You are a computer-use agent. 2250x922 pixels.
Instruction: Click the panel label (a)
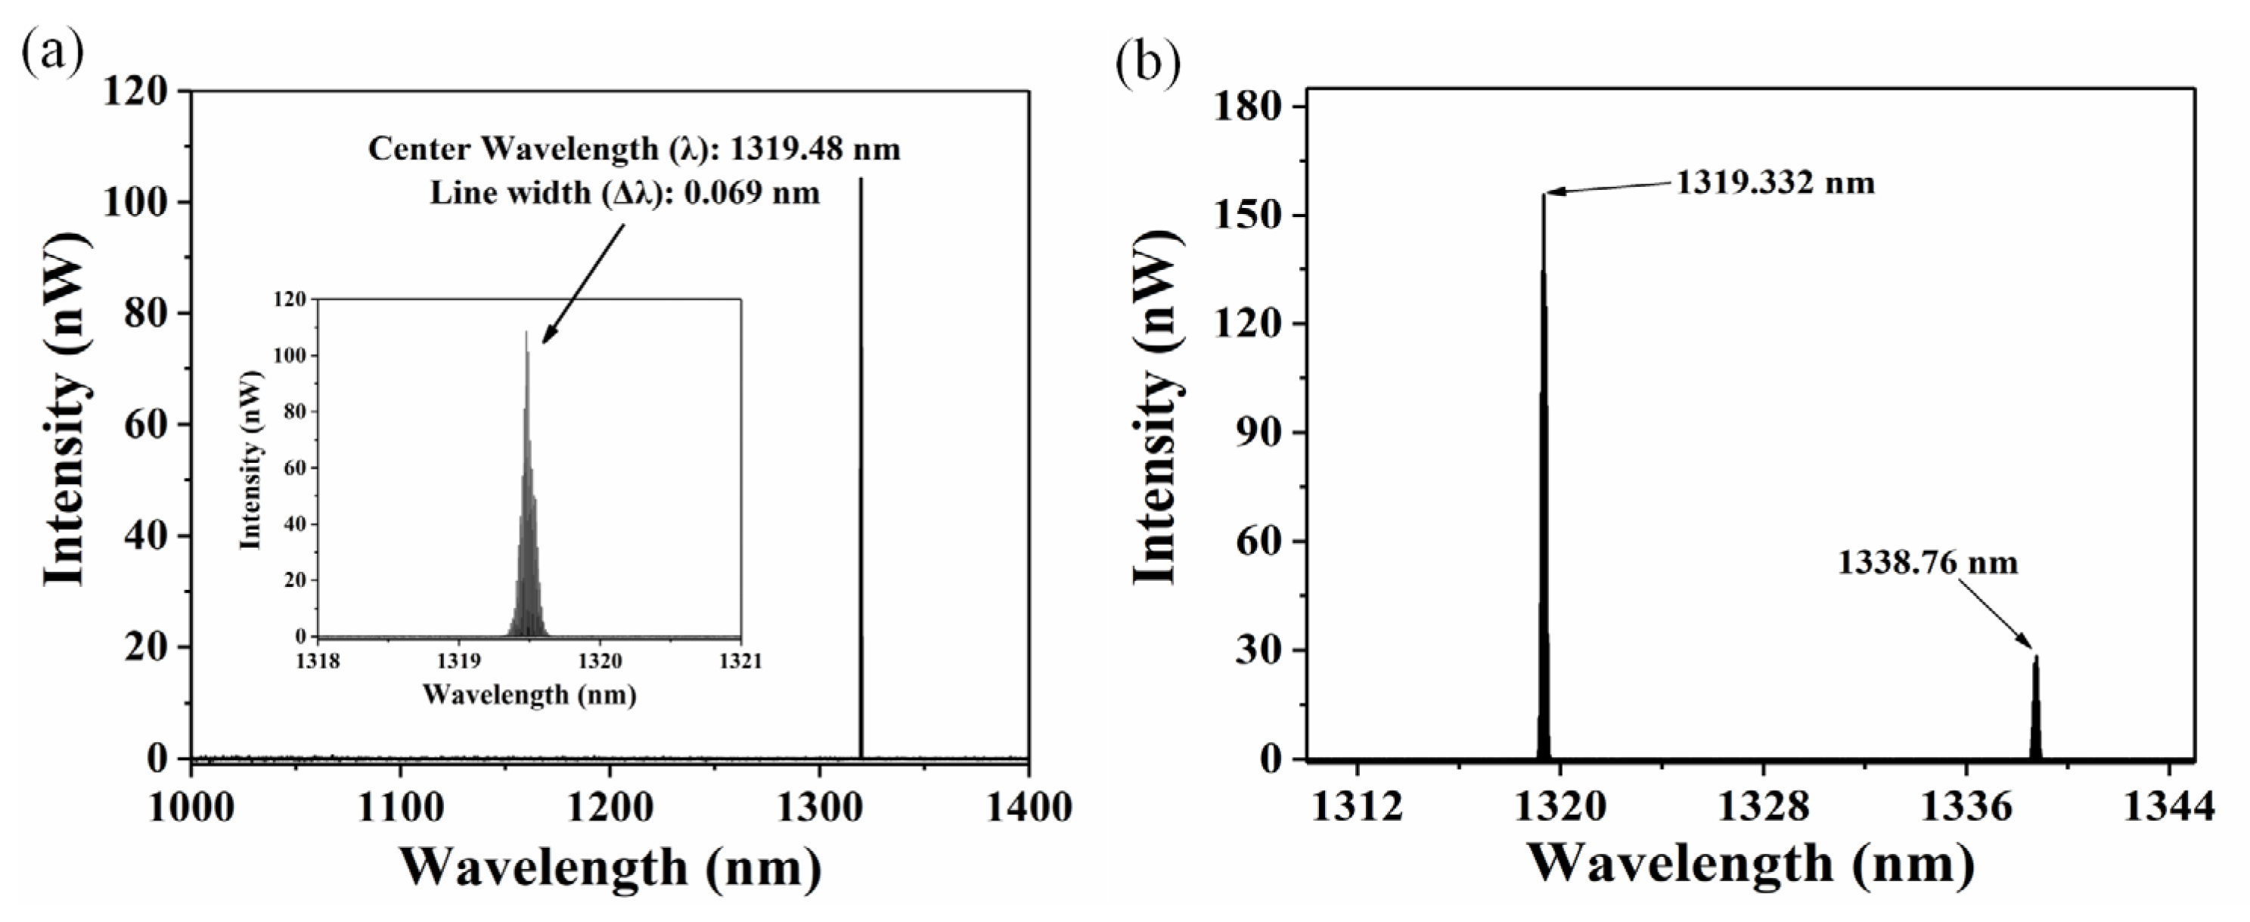point(52,54)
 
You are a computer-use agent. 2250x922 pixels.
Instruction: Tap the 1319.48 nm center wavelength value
point(814,149)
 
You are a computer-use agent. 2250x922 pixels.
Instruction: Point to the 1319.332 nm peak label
point(1775,183)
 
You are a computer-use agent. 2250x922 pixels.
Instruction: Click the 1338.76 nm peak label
point(1928,562)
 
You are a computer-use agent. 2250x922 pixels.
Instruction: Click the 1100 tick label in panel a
point(400,808)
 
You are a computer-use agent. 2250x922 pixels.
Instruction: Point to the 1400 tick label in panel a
point(1028,808)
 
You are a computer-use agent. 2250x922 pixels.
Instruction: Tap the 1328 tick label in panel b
point(1763,808)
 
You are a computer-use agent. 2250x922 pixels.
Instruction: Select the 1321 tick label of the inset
point(740,661)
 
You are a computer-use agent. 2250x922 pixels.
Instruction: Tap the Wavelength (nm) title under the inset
point(529,695)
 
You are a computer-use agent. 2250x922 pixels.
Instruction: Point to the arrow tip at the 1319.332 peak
point(1546,193)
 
